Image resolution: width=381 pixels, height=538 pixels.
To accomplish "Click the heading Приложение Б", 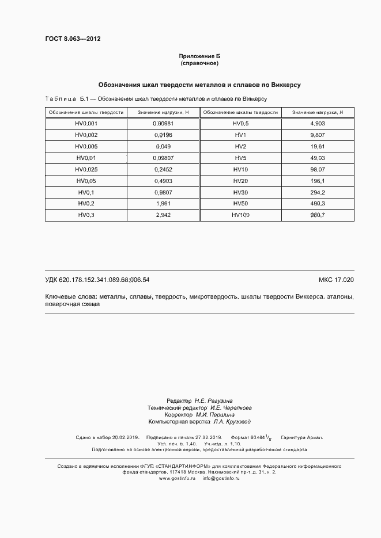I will tap(199, 56).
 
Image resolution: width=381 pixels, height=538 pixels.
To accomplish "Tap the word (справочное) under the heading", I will tap(199, 62).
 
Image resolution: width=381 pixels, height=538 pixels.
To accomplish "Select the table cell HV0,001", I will tap(86, 124).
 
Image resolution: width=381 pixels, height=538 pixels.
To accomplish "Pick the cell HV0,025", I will tap(86, 169).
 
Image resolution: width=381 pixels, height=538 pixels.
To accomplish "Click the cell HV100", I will tap(240, 215).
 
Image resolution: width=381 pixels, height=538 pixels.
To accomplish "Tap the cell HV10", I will tap(240, 169).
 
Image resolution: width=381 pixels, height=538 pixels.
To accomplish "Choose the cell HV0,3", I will tap(86, 215).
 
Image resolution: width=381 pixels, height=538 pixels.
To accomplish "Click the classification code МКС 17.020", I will tap(336, 280).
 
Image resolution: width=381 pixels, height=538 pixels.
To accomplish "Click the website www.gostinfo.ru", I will tap(178, 478).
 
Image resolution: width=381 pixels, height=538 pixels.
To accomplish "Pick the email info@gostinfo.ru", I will tap(223, 478).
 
